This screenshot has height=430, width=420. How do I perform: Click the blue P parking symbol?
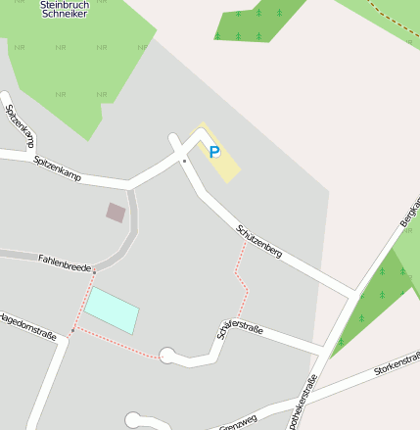(214, 152)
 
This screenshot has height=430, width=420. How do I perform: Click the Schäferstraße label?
(241, 333)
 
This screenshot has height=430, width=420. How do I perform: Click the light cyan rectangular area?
(111, 311)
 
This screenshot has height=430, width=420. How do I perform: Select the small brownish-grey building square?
(117, 212)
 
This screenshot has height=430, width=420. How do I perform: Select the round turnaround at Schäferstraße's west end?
(168, 355)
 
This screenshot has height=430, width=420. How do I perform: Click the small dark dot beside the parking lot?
(184, 159)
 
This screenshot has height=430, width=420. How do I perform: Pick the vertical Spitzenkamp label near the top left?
(21, 121)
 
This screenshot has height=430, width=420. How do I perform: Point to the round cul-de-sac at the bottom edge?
(133, 421)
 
